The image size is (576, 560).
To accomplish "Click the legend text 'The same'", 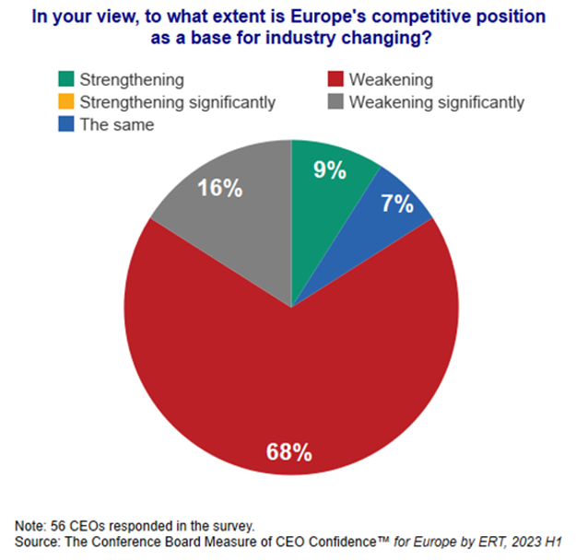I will pyautogui.click(x=117, y=124).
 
